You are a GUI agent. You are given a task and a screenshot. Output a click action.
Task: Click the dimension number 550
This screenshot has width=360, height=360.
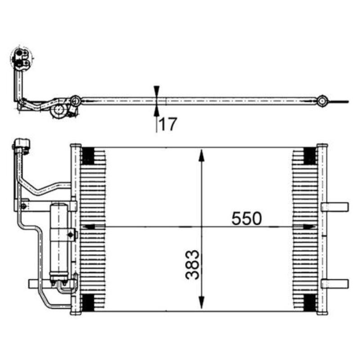246,218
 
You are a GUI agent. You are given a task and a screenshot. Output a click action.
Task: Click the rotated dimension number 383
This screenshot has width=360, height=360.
192,265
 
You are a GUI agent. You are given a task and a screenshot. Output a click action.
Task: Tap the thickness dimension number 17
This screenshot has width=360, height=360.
168,124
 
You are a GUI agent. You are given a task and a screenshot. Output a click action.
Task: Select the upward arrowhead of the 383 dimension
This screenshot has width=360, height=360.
201,156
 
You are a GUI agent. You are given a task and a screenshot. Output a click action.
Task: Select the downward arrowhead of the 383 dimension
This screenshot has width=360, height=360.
201,302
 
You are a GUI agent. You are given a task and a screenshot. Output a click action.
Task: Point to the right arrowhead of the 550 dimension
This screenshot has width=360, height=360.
309,227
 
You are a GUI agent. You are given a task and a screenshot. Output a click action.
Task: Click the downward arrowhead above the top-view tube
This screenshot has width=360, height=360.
157,91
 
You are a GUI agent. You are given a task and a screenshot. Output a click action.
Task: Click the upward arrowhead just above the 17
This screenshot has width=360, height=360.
157,111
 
